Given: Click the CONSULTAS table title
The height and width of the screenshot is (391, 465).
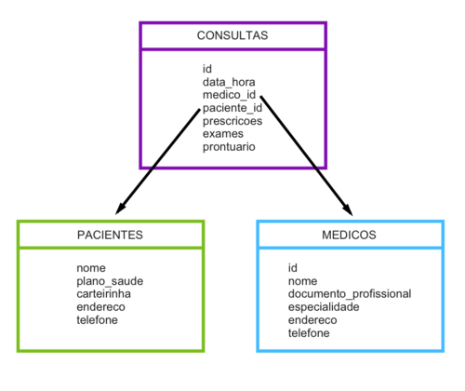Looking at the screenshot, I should (x=232, y=35).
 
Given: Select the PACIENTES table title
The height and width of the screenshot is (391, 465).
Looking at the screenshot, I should (x=110, y=235).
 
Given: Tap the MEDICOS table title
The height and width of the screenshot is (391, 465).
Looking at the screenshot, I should (x=350, y=235).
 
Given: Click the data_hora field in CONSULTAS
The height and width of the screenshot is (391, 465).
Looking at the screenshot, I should (x=229, y=82).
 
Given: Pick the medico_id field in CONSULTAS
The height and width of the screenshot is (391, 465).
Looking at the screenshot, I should (x=229, y=95).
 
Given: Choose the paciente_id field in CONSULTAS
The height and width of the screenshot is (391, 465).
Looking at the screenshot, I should (x=232, y=108).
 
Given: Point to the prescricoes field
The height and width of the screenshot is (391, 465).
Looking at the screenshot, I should (x=232, y=121).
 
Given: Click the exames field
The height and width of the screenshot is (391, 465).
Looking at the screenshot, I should (x=222, y=134).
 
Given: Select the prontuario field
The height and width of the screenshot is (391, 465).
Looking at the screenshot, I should (x=229, y=147).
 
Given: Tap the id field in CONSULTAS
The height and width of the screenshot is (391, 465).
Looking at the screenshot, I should (x=207, y=69).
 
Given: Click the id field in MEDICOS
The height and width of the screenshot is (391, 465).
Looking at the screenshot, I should (x=293, y=267).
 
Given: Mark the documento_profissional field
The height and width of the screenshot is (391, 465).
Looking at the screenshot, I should (x=349, y=293).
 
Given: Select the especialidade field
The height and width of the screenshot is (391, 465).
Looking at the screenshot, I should (x=323, y=306).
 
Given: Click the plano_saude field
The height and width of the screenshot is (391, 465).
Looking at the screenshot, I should (x=110, y=280).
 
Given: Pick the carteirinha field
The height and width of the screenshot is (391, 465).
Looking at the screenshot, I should (x=104, y=293).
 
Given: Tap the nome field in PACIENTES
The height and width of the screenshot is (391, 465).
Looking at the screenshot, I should (x=92, y=267).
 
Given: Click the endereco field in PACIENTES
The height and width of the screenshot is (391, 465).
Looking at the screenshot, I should (x=100, y=306).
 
